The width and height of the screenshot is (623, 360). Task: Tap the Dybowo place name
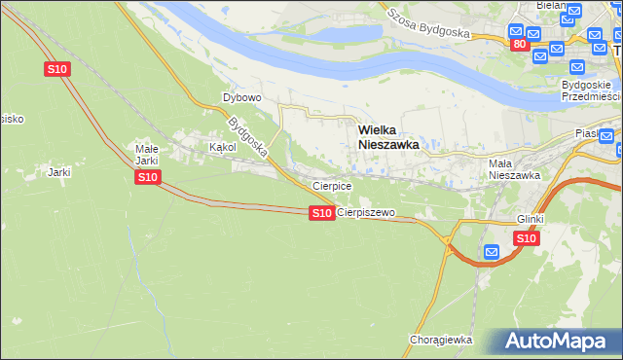click(x=242, y=97)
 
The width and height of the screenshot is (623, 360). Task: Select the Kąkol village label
click(x=223, y=147)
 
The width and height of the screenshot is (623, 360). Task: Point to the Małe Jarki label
click(x=146, y=154)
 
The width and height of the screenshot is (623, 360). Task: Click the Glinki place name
click(x=531, y=219)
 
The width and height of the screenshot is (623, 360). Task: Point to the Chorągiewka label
click(x=441, y=340)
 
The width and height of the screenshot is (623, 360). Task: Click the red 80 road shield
click(x=519, y=44)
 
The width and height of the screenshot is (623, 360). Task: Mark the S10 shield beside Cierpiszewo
click(x=322, y=212)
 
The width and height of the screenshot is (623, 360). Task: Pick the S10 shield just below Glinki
click(x=526, y=237)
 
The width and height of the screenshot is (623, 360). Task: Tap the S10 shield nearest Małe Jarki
click(x=147, y=176)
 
